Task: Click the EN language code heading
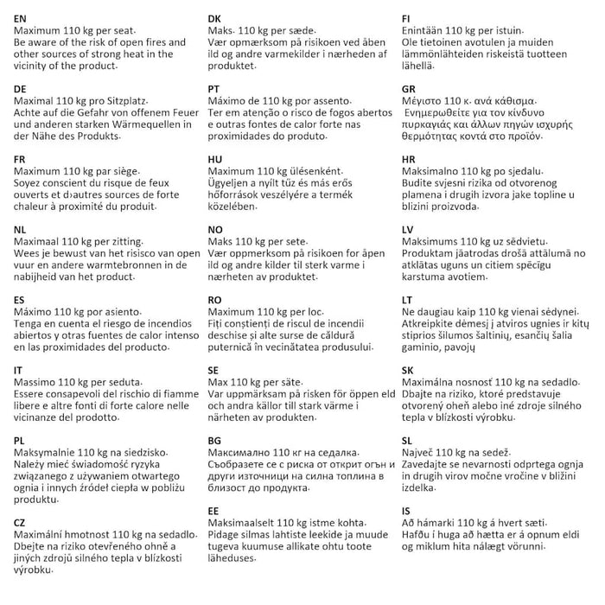click(x=21, y=18)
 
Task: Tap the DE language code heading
click(x=21, y=89)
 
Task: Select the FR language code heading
click(x=20, y=160)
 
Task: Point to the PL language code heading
click(x=20, y=440)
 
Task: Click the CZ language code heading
click(x=20, y=523)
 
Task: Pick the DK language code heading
click(x=215, y=18)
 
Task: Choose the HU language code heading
click(x=215, y=160)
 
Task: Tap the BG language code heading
click(x=215, y=440)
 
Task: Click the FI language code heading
click(x=408, y=18)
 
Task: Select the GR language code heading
click(x=410, y=89)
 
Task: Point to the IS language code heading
click(x=407, y=511)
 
